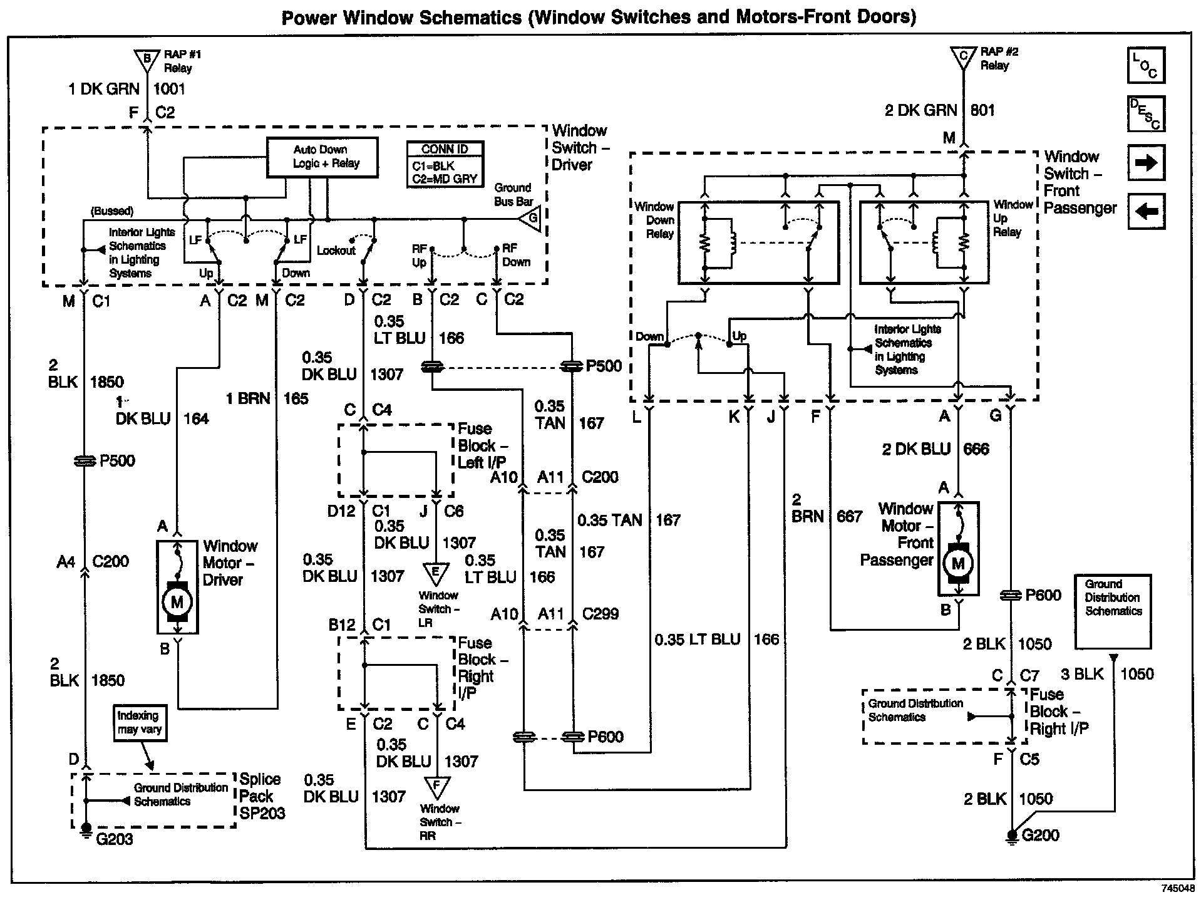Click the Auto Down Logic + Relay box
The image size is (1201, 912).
(x=322, y=157)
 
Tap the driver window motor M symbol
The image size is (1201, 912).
(x=177, y=603)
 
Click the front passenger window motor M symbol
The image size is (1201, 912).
(x=958, y=564)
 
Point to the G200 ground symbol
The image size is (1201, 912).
(x=1011, y=836)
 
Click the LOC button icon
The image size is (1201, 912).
(x=1145, y=66)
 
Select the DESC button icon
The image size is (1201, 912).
(x=1145, y=114)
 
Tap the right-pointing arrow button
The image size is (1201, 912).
(x=1145, y=163)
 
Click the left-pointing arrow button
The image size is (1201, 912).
(x=1145, y=211)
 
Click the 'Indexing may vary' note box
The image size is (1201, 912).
(x=140, y=723)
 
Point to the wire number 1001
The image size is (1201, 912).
(x=170, y=89)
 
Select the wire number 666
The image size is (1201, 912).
(x=976, y=449)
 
